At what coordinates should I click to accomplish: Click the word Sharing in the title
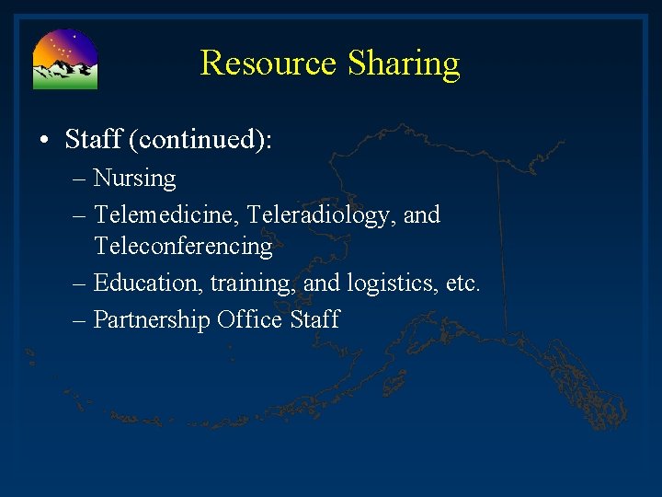click(404, 64)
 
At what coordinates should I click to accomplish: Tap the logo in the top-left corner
click(65, 59)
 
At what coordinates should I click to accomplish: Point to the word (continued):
click(200, 140)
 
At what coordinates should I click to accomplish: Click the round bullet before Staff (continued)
click(45, 141)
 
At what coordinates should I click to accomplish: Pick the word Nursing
click(134, 179)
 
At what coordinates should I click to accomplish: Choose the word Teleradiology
click(318, 214)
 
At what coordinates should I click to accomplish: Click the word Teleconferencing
click(183, 247)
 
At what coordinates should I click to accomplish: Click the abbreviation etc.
click(462, 283)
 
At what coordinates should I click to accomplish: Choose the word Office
click(250, 319)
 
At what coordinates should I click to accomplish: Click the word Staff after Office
click(315, 319)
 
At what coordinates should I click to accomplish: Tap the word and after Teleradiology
click(422, 214)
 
